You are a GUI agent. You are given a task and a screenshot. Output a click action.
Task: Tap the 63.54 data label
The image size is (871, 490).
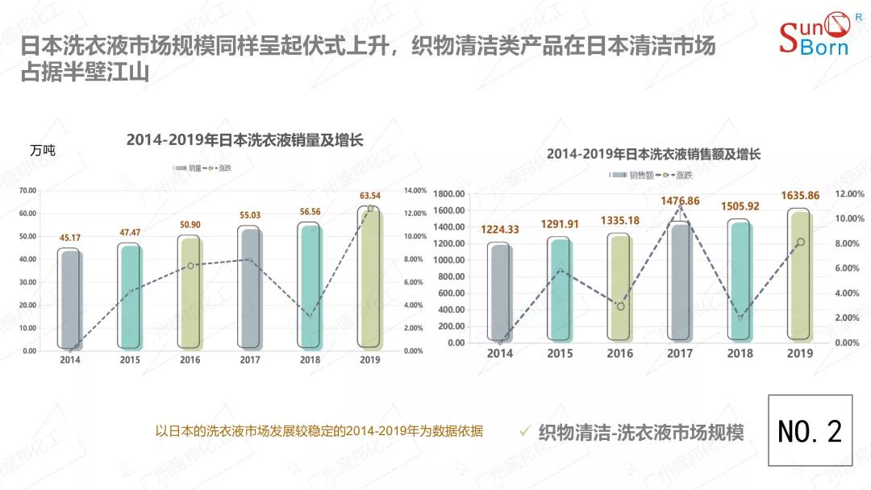click(370, 196)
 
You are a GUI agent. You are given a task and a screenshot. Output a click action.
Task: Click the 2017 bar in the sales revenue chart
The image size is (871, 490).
click(679, 281)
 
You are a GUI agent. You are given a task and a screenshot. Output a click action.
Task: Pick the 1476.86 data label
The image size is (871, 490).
click(679, 201)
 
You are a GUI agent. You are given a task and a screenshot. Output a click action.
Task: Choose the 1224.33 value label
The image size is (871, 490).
click(500, 229)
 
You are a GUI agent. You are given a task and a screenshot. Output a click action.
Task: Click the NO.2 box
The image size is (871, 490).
click(810, 430)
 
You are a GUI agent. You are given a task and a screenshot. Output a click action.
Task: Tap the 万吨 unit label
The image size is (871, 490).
click(43, 151)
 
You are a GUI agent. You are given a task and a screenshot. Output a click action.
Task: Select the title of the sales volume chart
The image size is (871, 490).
click(245, 140)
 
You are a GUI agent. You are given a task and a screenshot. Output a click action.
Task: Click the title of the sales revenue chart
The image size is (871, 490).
click(653, 153)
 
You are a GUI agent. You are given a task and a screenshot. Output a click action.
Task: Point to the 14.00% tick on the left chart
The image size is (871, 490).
click(414, 191)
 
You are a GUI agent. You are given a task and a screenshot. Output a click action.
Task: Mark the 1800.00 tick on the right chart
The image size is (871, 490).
click(449, 194)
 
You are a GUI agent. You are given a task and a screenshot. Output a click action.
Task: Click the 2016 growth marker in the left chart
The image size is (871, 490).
click(190, 266)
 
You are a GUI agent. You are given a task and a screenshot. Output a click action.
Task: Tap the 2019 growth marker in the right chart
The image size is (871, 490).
click(800, 242)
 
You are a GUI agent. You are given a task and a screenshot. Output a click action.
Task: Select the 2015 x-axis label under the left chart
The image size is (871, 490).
click(129, 359)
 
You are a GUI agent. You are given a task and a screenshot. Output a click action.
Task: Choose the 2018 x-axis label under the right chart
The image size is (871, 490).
click(740, 353)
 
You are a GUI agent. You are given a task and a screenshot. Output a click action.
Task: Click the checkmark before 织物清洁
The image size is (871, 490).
click(525, 431)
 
